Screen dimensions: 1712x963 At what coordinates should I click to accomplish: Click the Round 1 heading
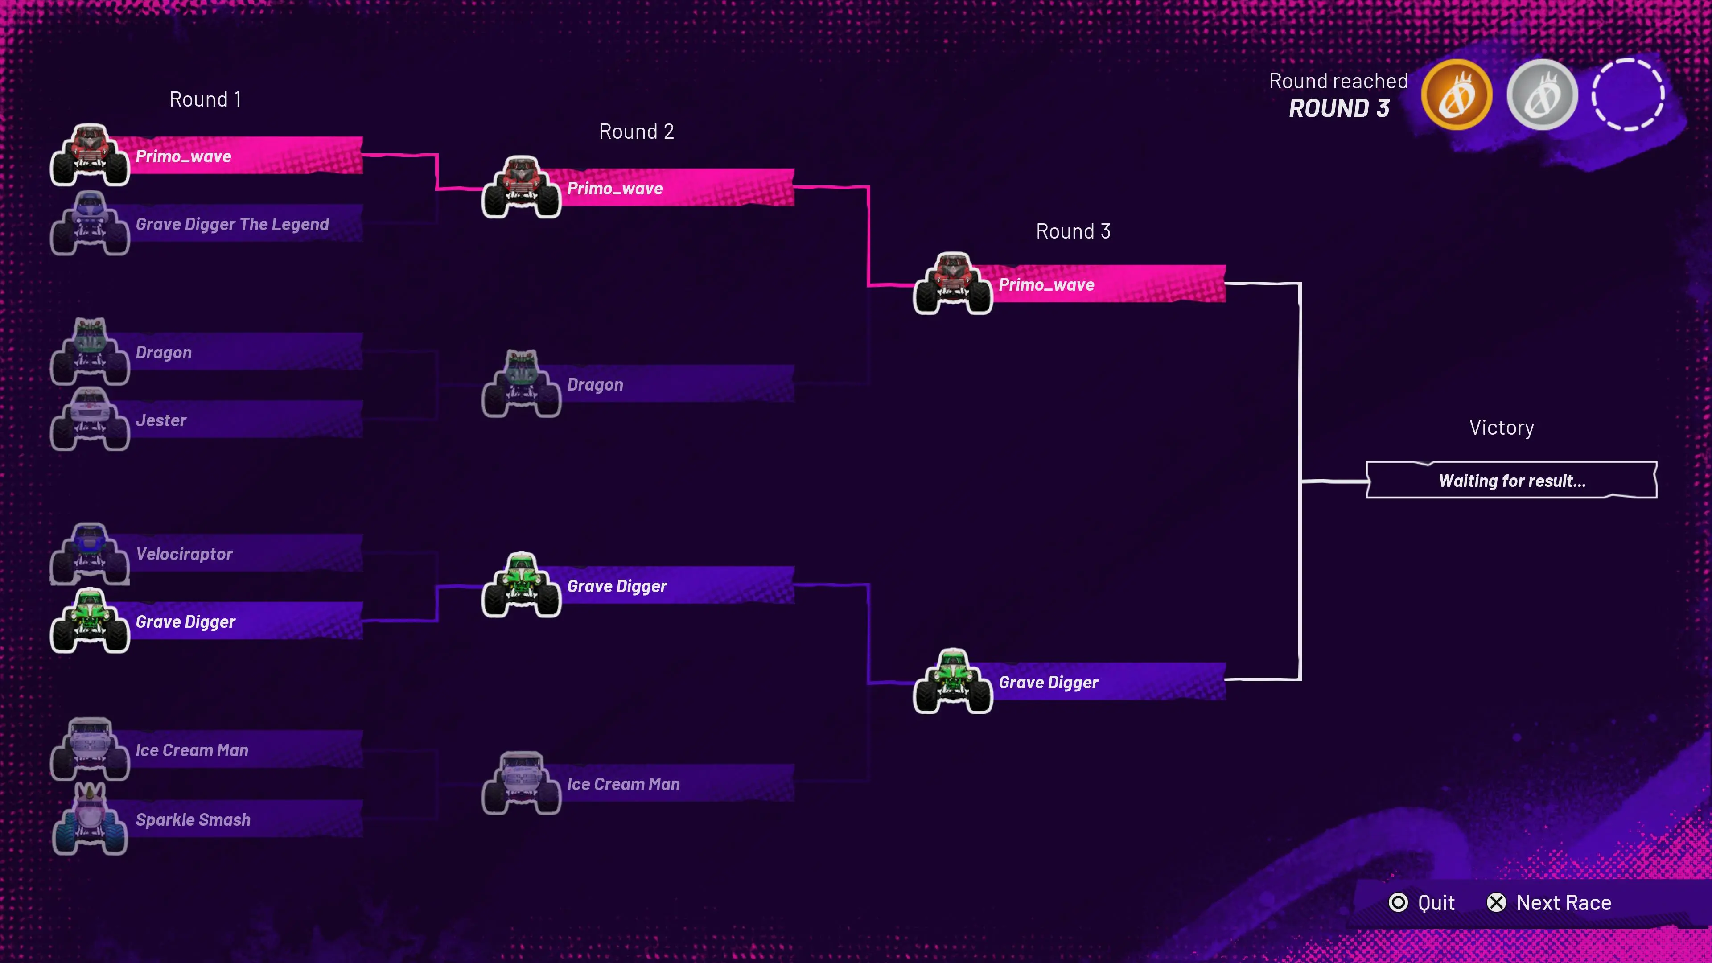(206, 100)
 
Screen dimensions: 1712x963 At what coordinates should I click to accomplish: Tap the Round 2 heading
(637, 132)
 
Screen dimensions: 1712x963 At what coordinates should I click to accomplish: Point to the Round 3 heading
(1073, 231)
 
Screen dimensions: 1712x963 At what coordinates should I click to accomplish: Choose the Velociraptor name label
(184, 554)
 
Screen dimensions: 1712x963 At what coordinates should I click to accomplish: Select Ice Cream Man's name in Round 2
(623, 784)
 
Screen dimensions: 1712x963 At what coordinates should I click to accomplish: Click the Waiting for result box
(1512, 480)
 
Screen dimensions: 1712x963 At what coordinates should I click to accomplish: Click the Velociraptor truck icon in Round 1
(90, 554)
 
